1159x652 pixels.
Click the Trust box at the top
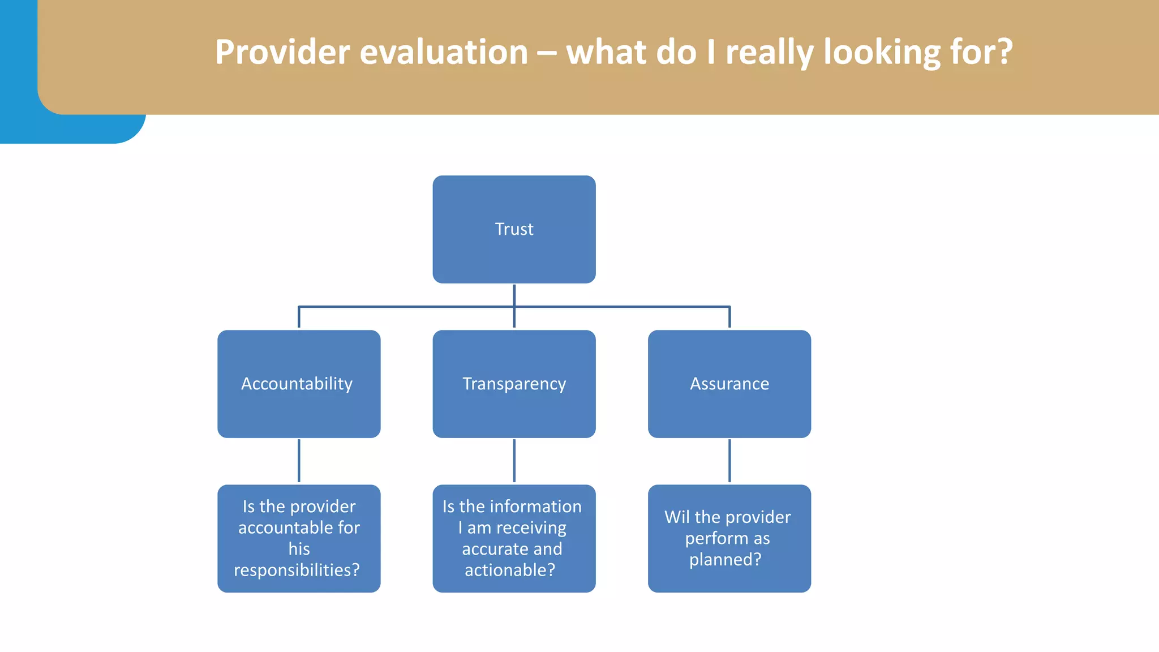click(x=514, y=229)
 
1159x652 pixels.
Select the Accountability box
click(x=298, y=384)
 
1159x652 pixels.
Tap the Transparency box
click(x=514, y=384)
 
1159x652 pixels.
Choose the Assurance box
click(x=729, y=384)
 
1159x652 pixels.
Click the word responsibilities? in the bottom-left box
click(x=297, y=570)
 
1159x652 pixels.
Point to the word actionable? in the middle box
click(x=510, y=570)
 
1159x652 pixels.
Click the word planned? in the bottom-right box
click(x=725, y=560)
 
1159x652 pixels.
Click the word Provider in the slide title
click(x=282, y=52)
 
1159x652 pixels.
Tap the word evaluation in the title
click(x=444, y=52)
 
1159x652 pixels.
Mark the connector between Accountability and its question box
click(x=299, y=461)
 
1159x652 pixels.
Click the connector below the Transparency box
click(x=514, y=461)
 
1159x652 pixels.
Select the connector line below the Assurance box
click(x=729, y=461)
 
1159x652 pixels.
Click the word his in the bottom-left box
click(x=299, y=549)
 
